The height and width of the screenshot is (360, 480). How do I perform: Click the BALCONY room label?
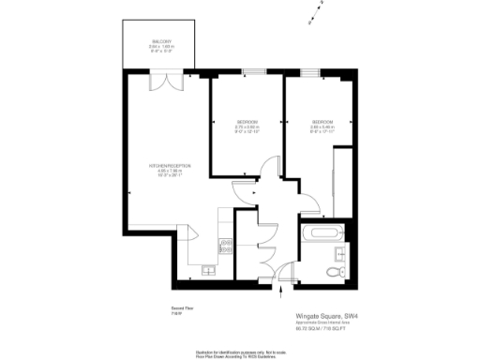click(162, 43)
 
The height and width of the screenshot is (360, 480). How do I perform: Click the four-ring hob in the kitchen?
click(226, 247)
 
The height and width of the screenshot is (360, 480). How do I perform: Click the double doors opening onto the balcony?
click(165, 82)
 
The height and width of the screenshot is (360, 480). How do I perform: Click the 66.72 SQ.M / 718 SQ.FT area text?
click(322, 329)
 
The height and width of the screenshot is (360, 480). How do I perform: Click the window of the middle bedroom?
click(253, 72)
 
